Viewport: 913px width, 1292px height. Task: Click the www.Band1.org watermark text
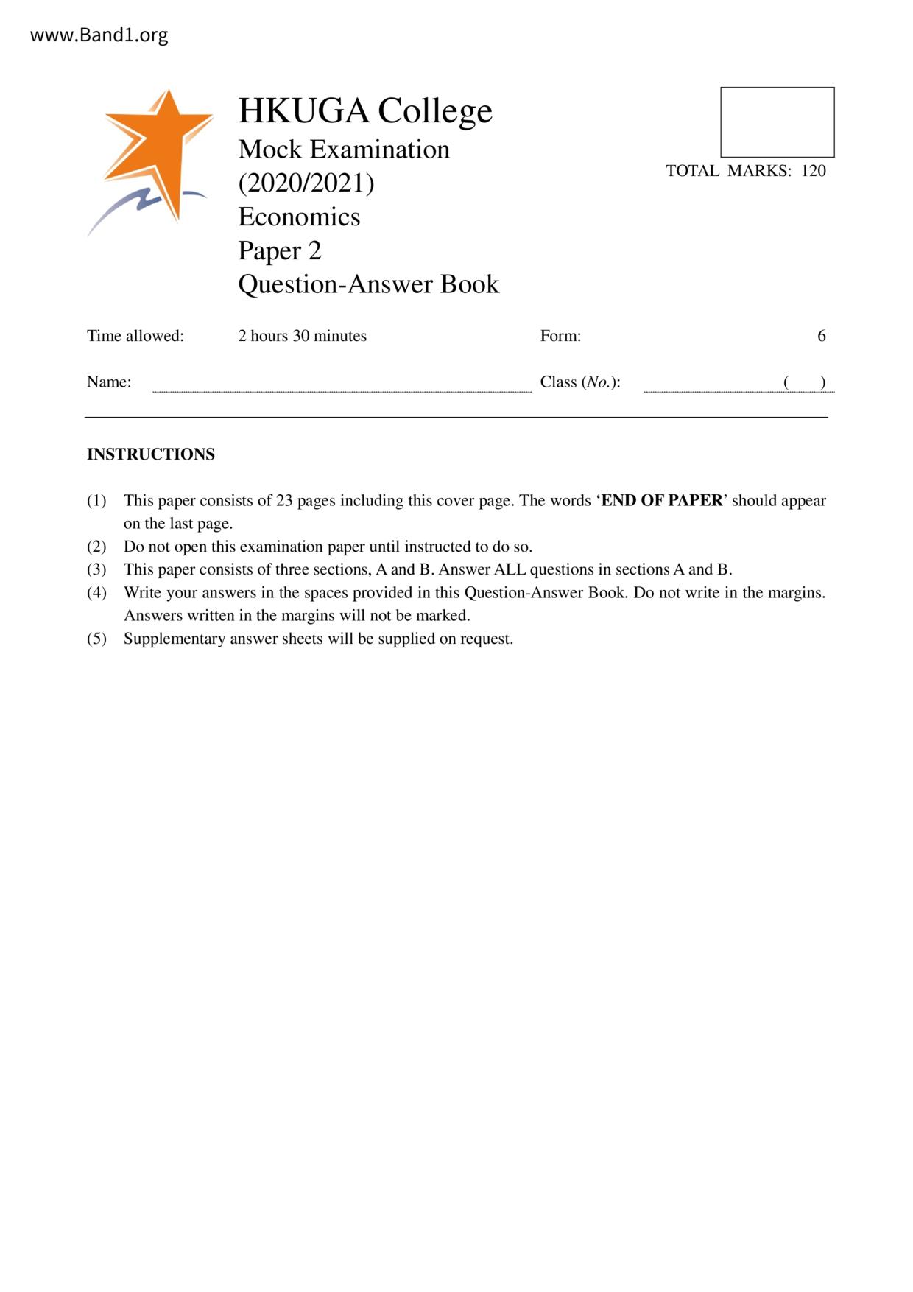pyautogui.click(x=99, y=35)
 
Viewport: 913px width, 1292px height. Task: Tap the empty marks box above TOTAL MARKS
pyautogui.click(x=777, y=122)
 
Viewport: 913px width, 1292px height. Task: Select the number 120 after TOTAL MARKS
pyautogui.click(x=814, y=171)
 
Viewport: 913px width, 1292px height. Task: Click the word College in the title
pyautogui.click(x=434, y=111)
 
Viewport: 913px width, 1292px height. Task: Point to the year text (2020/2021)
pyautogui.click(x=306, y=183)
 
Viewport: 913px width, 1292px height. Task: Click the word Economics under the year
pyautogui.click(x=299, y=217)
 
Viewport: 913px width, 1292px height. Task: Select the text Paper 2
pyautogui.click(x=280, y=250)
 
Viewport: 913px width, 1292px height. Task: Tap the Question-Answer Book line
pyautogui.click(x=368, y=284)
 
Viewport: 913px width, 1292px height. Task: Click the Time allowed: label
pyautogui.click(x=135, y=336)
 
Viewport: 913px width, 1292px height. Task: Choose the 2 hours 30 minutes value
pyautogui.click(x=302, y=336)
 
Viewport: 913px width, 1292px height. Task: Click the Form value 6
pyautogui.click(x=821, y=336)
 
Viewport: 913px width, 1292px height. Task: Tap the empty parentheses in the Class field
pyautogui.click(x=804, y=382)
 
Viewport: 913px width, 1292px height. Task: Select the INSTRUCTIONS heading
pyautogui.click(x=151, y=454)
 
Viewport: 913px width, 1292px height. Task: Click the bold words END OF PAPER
pyautogui.click(x=662, y=501)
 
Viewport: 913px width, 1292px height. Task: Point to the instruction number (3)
pyautogui.click(x=96, y=569)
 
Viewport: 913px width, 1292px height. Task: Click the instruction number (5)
pyautogui.click(x=96, y=639)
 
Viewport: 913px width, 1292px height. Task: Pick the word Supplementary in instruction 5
pyautogui.click(x=174, y=639)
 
